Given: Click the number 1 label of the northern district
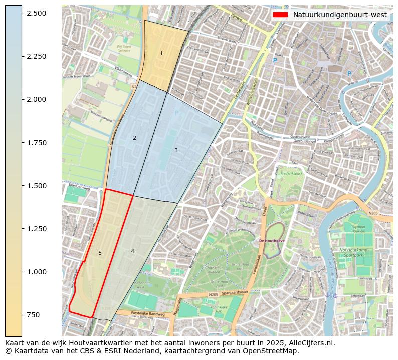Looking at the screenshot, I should pyautogui.click(x=161, y=53).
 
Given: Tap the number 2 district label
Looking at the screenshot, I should pyautogui.click(x=134, y=138).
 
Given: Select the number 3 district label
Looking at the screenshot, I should pyautogui.click(x=176, y=150).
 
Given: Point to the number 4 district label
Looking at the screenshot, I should pyautogui.click(x=132, y=251).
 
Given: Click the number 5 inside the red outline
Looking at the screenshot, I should pyautogui.click(x=100, y=253).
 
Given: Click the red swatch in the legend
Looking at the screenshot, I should pyautogui.click(x=280, y=15).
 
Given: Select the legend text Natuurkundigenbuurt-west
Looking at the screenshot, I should pyautogui.click(x=339, y=15).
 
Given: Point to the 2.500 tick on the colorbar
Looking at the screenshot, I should pyautogui.click(x=36, y=13).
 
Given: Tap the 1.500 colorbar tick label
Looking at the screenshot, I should pyautogui.click(x=36, y=186).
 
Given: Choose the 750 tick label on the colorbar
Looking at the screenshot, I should pyautogui.click(x=34, y=315).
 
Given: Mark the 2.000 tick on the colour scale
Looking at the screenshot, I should pyautogui.click(x=36, y=99).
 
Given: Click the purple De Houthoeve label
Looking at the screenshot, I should pyautogui.click(x=271, y=241).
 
